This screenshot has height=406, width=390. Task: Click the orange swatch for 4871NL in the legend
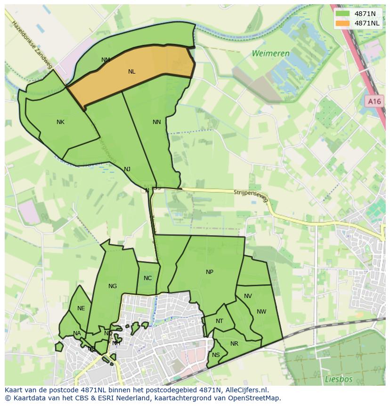pyautogui.click(x=342, y=23)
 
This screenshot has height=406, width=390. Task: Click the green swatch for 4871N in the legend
pyautogui.click(x=342, y=14)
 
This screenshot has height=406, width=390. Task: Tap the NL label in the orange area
pyautogui.click(x=131, y=72)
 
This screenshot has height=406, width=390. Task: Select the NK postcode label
pyautogui.click(x=60, y=122)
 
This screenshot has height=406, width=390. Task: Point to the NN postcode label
pyautogui.click(x=157, y=122)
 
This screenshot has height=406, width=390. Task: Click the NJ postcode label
pyautogui.click(x=127, y=169)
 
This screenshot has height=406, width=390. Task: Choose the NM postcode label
pyautogui.click(x=106, y=60)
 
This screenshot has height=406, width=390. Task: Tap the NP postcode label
pyautogui.click(x=210, y=272)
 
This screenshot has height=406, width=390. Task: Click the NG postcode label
pyautogui.click(x=112, y=286)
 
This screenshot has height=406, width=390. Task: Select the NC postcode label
pyautogui.click(x=147, y=278)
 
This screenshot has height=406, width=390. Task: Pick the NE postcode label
pyautogui.click(x=81, y=308)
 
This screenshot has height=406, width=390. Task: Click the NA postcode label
pyautogui.click(x=77, y=333)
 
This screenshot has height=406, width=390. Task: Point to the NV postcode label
pyautogui.click(x=248, y=296)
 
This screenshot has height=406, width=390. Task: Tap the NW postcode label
pyautogui.click(x=261, y=312)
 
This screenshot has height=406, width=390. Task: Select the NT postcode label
pyautogui.click(x=219, y=321)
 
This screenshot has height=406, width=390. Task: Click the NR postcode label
pyautogui.click(x=234, y=344)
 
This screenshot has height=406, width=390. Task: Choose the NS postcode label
pyautogui.click(x=216, y=355)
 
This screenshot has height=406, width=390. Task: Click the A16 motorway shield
pyautogui.click(x=374, y=101)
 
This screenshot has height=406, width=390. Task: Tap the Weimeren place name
pyautogui.click(x=270, y=53)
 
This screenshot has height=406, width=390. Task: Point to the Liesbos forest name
pyautogui.click(x=338, y=379)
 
